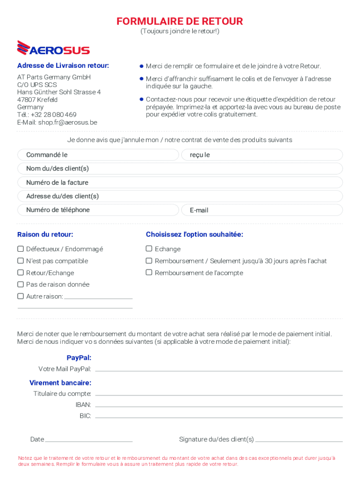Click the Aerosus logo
coord(53,48)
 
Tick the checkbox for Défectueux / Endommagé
coord(21,249)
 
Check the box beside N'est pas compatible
coord(21,261)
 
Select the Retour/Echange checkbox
coord(21,273)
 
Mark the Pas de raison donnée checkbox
coord(21,284)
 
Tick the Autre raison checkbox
coord(21,296)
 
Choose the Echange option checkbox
coord(149,249)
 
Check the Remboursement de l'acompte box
coord(149,273)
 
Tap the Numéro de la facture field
coord(180,182)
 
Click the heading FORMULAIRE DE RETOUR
coord(180,22)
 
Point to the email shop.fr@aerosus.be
coord(68,123)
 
